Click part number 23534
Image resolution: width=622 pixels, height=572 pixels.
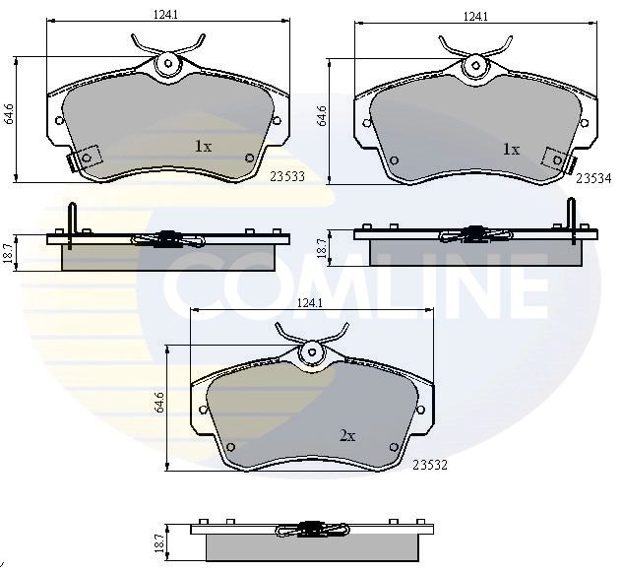[x=594, y=178]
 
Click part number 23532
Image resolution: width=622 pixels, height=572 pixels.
[x=431, y=466]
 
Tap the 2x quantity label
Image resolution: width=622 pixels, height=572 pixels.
[x=346, y=435]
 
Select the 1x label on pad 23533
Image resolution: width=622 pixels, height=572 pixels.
[x=203, y=147]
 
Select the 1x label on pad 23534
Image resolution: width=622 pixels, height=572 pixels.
[x=510, y=150]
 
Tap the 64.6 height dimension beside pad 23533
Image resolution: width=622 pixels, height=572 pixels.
[x=9, y=114]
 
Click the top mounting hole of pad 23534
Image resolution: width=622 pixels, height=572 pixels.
[x=477, y=65]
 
